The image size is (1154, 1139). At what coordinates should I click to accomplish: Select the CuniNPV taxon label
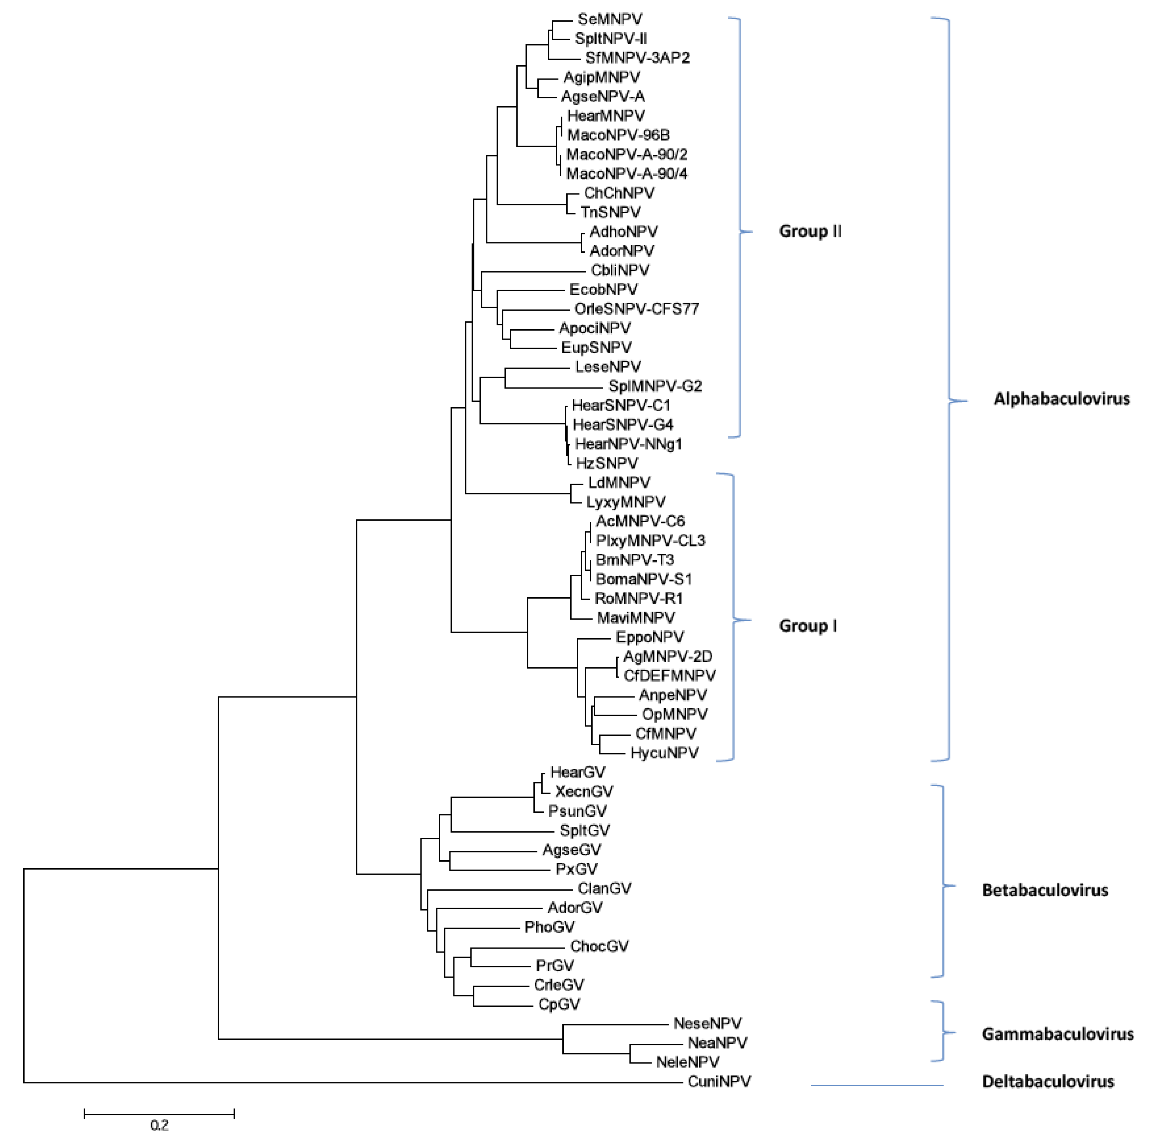click(719, 1081)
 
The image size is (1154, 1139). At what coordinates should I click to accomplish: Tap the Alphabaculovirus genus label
click(1061, 399)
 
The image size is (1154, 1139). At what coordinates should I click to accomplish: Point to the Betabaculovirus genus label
click(1045, 890)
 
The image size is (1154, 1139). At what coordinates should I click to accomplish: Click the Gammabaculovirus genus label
click(1057, 1033)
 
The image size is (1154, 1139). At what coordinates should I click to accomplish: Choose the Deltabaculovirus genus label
click(1048, 1081)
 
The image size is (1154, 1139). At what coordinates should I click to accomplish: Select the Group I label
click(808, 626)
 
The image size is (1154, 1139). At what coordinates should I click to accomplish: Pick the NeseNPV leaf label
click(707, 1023)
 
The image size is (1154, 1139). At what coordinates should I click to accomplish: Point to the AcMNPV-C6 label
click(640, 521)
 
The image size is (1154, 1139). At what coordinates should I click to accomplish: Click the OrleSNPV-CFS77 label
click(636, 309)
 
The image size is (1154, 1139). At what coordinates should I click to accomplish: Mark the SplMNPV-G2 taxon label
click(655, 386)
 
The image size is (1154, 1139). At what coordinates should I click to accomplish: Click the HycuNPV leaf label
click(664, 753)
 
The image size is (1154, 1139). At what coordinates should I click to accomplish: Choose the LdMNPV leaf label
click(619, 482)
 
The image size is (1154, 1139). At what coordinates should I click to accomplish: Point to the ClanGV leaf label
click(604, 888)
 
